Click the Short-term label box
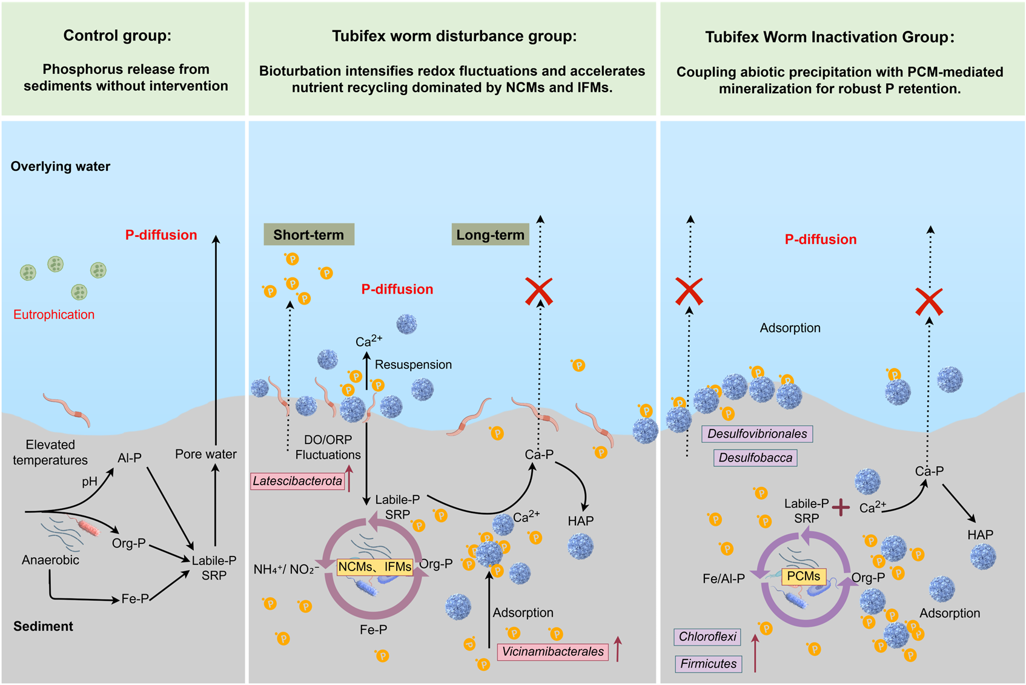point(309,234)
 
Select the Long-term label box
point(490,234)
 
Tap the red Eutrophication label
point(54,314)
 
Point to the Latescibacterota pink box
point(297,481)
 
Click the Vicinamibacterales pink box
point(553,652)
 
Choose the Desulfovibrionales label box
point(757,434)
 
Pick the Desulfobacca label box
point(755,458)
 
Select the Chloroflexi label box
point(707,637)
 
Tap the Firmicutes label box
point(708,664)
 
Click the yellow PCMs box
point(804,576)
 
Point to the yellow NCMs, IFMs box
point(375,567)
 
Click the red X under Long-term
point(538,291)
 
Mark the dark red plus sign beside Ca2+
point(841,508)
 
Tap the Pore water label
point(206,454)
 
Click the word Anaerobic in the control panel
point(50,560)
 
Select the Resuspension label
point(413,365)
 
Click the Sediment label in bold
point(43,626)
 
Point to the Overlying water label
point(60,167)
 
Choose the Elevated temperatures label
point(50,452)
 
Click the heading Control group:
point(117,36)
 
